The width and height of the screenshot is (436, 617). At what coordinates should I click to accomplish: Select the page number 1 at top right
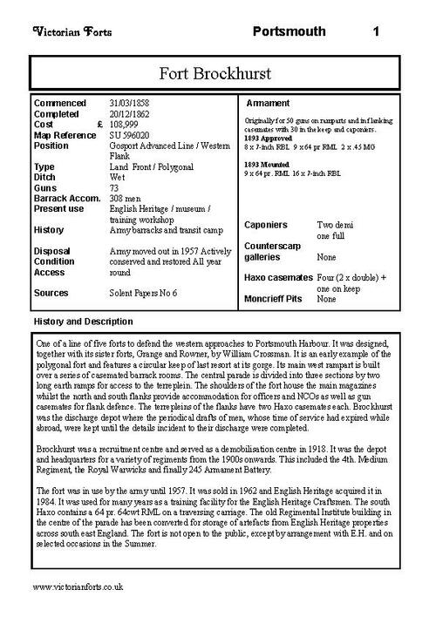[x=375, y=32]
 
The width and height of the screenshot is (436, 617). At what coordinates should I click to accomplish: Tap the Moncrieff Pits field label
[x=275, y=299]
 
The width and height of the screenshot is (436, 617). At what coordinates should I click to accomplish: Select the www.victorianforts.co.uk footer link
[x=78, y=589]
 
